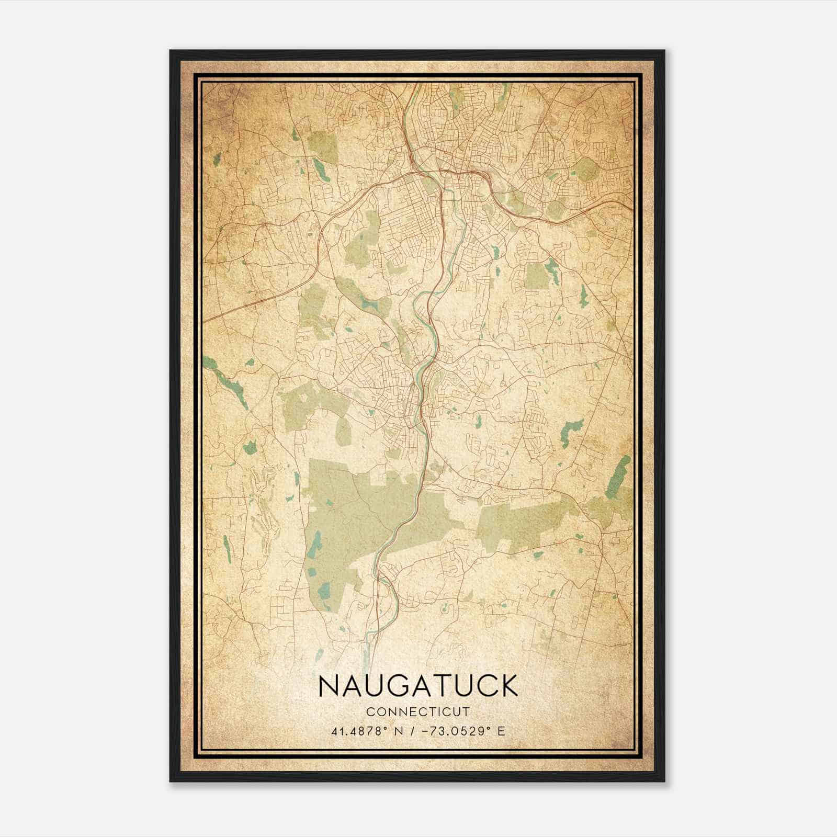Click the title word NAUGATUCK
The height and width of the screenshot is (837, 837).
pyautogui.click(x=417, y=686)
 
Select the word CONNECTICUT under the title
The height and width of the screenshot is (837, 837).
pyautogui.click(x=417, y=711)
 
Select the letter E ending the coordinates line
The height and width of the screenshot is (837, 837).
pyautogui.click(x=502, y=731)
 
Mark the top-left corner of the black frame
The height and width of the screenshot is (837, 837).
pyautogui.click(x=171, y=51)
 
